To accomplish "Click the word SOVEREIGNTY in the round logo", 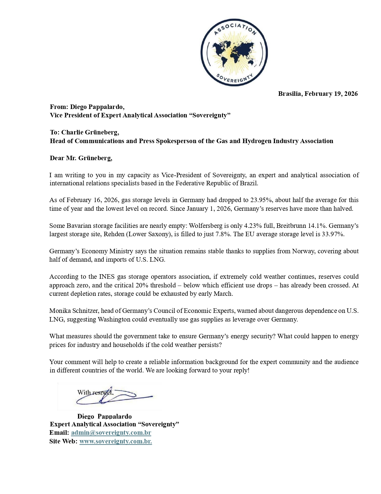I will tap(234, 79).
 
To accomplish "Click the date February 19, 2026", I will tap(331, 94).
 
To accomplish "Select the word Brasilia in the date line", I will tap(290, 94).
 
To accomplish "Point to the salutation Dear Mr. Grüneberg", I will tap(81, 158).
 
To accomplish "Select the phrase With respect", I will tap(95, 393).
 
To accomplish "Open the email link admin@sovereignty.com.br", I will tap(111, 433).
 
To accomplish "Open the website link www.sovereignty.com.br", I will tap(115, 441).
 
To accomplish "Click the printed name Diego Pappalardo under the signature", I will tap(104, 416).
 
